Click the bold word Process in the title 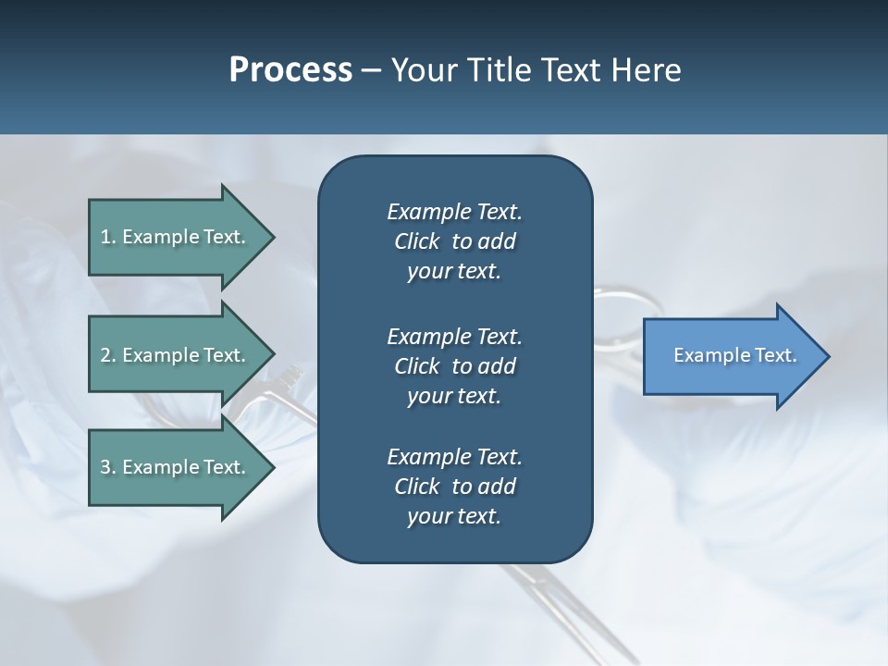pyautogui.click(x=290, y=70)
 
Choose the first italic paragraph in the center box pyautogui.click(x=454, y=241)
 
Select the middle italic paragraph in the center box pyautogui.click(x=454, y=366)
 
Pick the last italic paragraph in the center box pyautogui.click(x=454, y=487)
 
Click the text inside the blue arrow pyautogui.click(x=735, y=355)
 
